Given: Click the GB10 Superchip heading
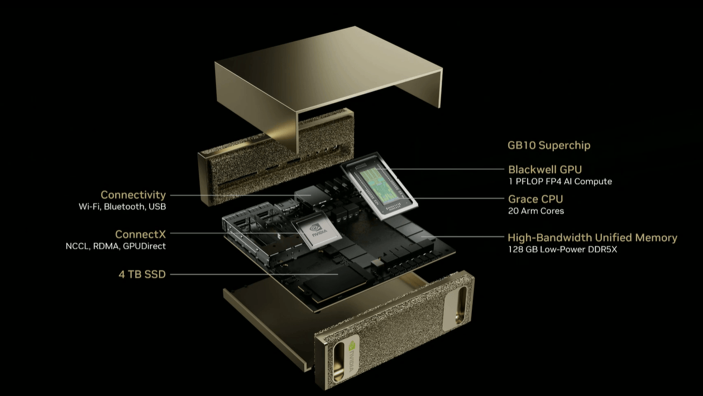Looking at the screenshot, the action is [x=549, y=145].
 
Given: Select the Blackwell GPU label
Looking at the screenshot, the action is [x=545, y=170].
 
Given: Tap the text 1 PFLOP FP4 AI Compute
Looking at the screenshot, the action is [x=560, y=181].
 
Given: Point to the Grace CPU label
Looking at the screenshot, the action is [x=535, y=199].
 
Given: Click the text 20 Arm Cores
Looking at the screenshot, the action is [x=536, y=211].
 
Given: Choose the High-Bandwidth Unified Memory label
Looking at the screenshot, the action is [x=592, y=238].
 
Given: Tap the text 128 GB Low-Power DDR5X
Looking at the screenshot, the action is [x=562, y=249].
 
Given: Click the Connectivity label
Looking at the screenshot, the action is [x=133, y=195].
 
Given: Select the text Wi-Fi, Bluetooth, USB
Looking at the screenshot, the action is [x=122, y=206].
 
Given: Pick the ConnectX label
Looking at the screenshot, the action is [x=140, y=234].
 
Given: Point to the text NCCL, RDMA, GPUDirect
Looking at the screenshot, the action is [x=116, y=246].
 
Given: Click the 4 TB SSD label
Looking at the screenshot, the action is [x=142, y=274].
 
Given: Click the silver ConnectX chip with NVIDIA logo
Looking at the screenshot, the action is [x=317, y=230].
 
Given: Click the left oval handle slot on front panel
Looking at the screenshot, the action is [x=338, y=362].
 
